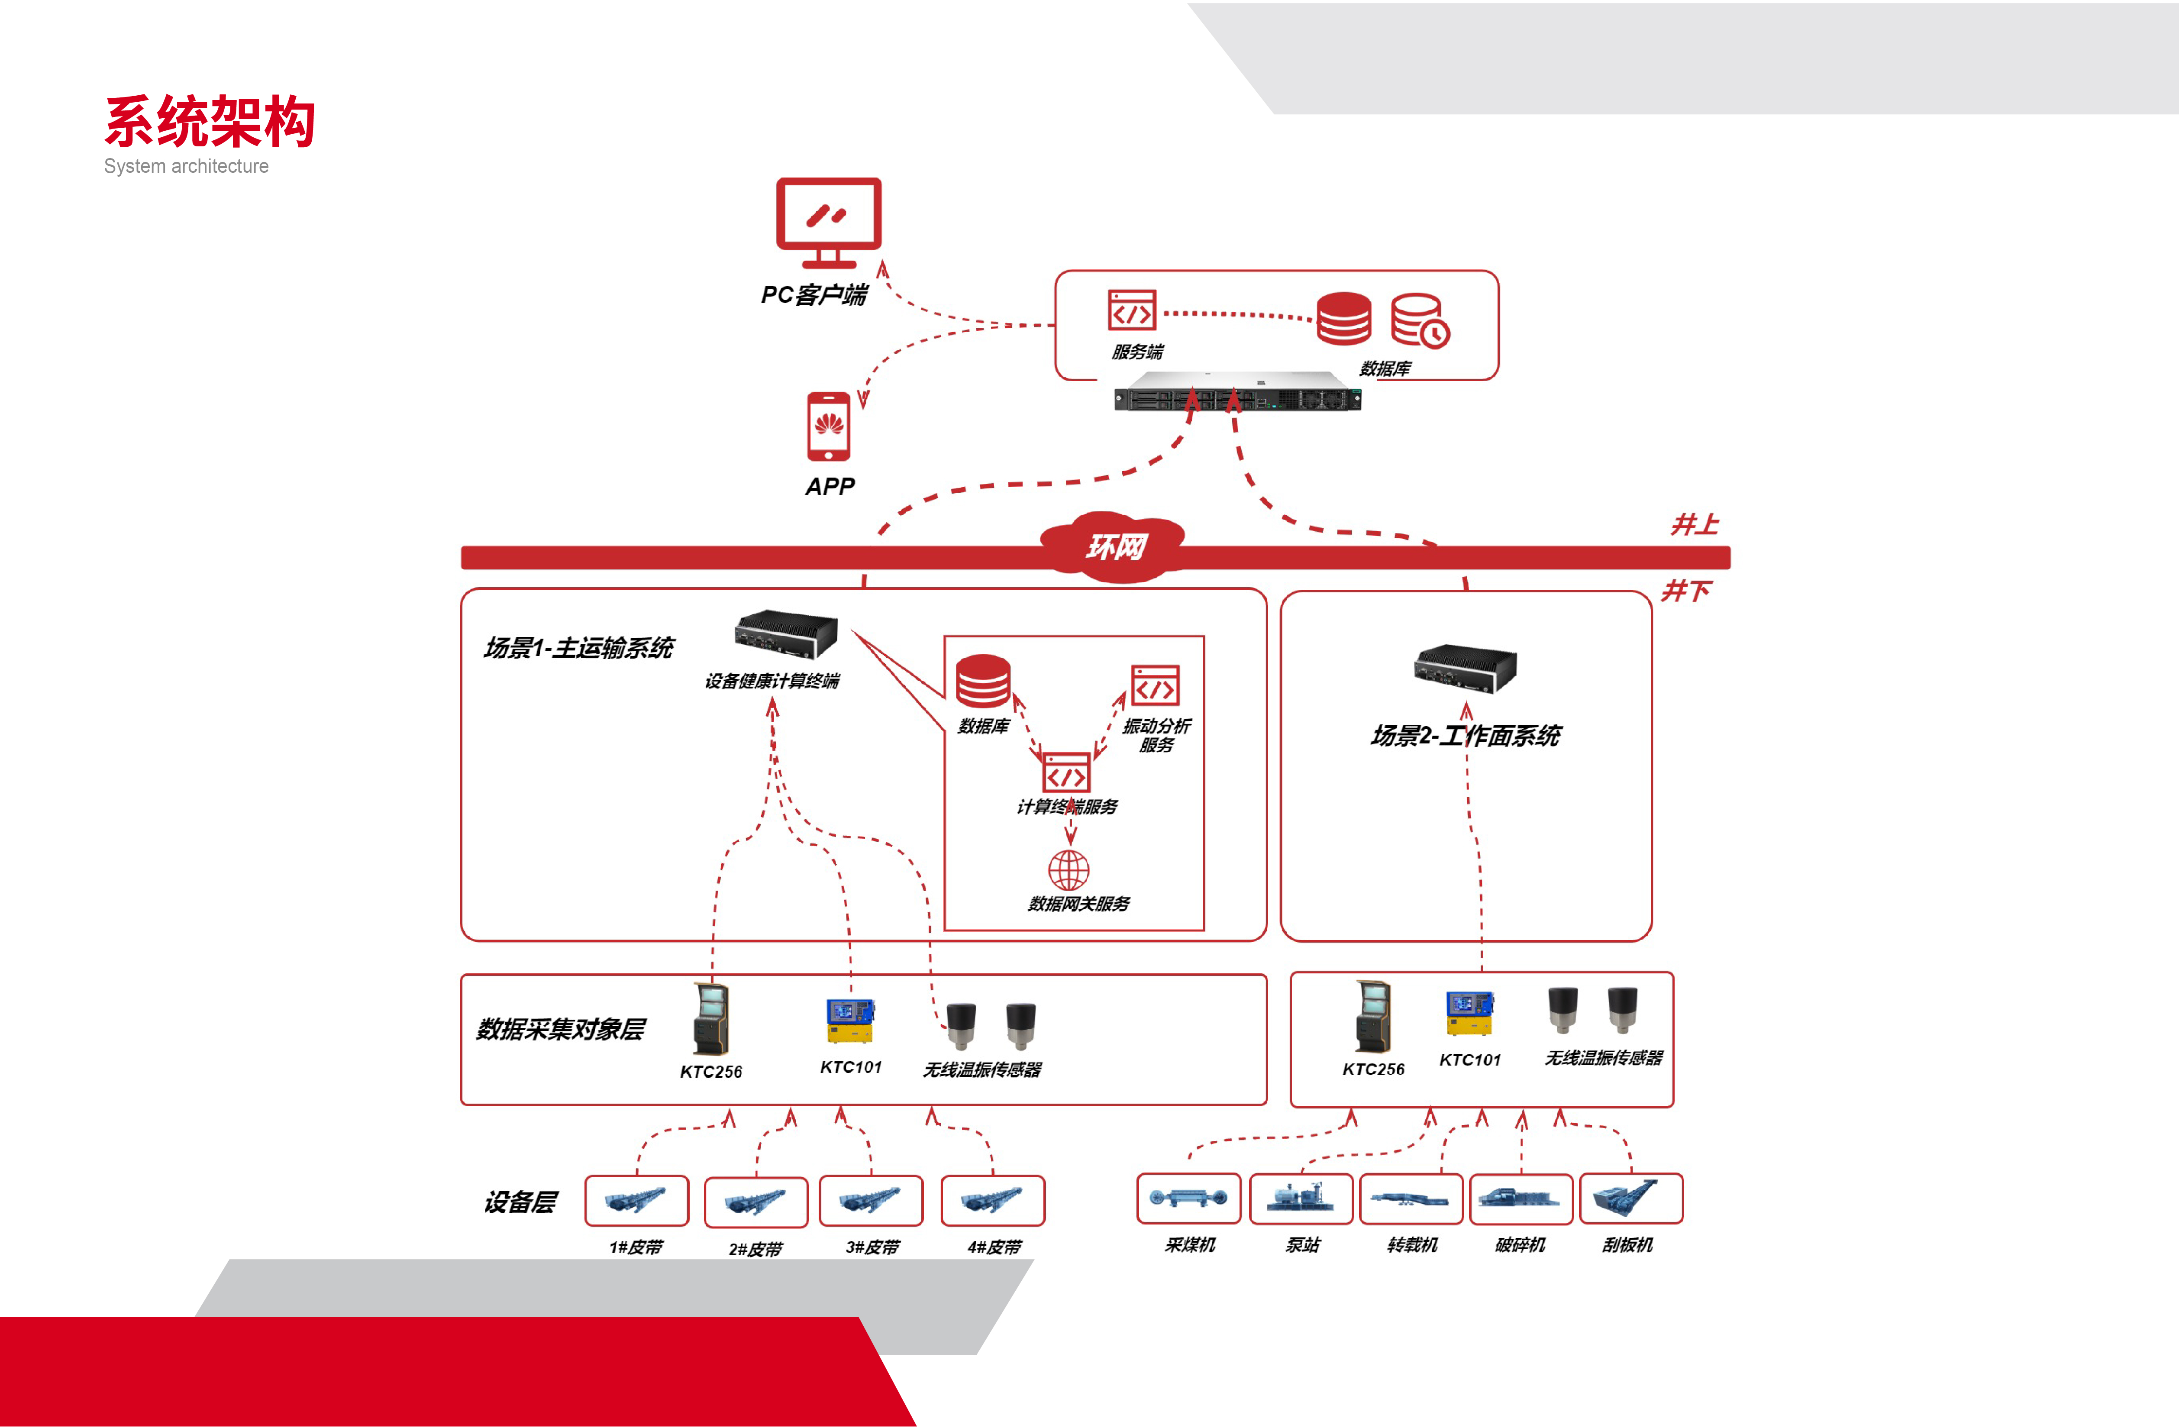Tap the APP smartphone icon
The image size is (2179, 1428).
click(829, 426)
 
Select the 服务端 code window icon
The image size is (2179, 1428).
click(1132, 310)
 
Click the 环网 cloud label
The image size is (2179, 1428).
click(1115, 547)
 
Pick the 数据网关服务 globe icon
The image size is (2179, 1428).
click(1069, 869)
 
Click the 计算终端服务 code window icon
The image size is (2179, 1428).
click(1067, 773)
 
